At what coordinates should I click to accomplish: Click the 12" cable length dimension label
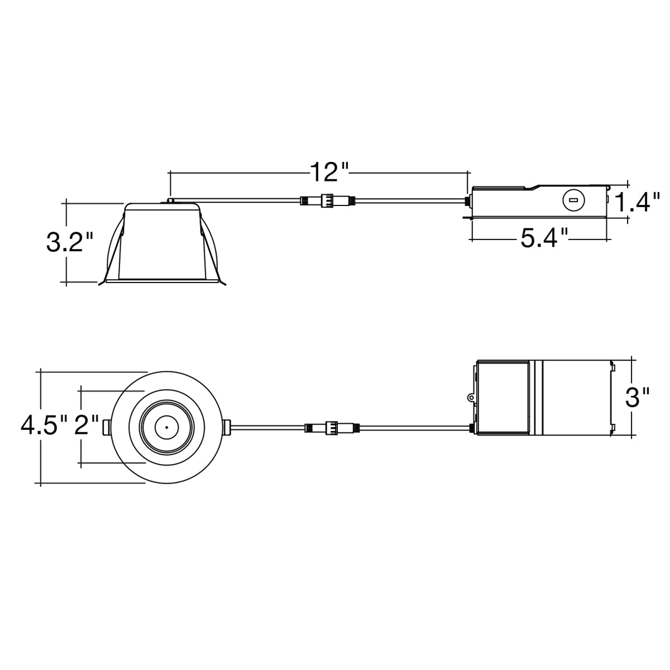pos(328,172)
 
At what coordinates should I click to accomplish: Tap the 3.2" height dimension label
pos(70,242)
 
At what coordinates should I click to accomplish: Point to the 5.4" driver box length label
pos(544,238)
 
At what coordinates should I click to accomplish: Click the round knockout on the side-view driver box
pos(574,200)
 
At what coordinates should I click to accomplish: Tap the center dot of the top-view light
pos(166,427)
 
